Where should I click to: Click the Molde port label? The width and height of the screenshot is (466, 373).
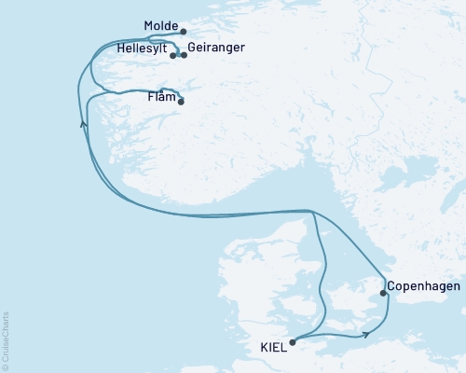(161, 26)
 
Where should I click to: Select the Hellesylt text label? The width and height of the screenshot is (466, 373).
(143, 48)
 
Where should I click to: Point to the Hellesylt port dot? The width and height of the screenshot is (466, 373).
(174, 56)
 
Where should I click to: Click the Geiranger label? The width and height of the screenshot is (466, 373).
(216, 48)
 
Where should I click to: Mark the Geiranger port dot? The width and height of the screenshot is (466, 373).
(184, 56)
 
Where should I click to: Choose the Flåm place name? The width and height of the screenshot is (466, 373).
(162, 95)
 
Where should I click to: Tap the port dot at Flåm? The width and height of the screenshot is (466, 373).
(181, 102)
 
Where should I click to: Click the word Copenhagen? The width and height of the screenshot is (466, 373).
(423, 286)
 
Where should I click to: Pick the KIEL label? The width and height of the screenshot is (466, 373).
(274, 348)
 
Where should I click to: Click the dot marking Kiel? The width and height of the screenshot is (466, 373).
(293, 342)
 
